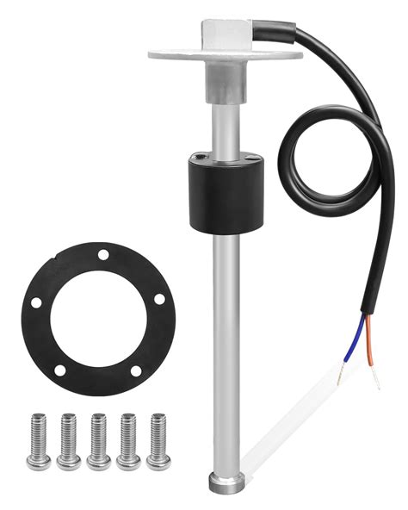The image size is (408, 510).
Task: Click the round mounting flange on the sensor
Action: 172,53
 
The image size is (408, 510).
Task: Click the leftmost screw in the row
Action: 39,441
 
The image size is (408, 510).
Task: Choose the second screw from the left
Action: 69,441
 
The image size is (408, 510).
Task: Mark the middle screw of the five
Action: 99,441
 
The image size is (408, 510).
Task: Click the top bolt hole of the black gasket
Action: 102,255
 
